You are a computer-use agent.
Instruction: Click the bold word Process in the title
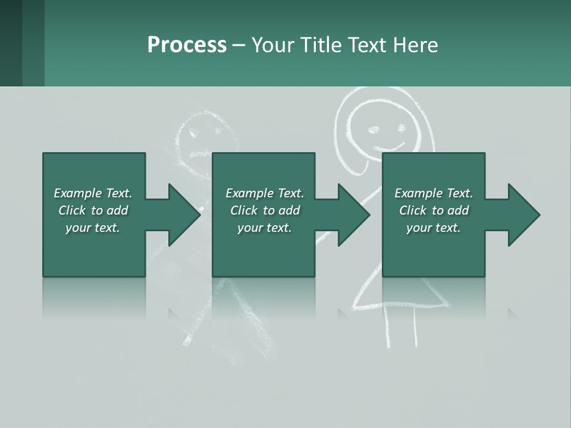coord(187,45)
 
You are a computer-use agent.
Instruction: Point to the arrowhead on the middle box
coord(353,215)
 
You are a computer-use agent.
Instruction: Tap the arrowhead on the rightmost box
coord(523,215)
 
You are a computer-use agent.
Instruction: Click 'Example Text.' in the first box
coord(93,193)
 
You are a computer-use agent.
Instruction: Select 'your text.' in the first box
coord(93,228)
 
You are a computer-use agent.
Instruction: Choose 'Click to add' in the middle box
coord(265,210)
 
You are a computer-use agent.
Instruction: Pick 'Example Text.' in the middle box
coord(265,193)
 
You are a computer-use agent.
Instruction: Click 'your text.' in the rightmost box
coord(434,228)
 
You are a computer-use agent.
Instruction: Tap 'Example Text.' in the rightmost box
coord(434,193)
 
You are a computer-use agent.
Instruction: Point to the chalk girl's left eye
coord(374,128)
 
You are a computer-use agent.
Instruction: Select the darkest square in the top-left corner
coord(11,43)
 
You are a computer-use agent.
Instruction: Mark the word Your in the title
coord(273,45)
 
